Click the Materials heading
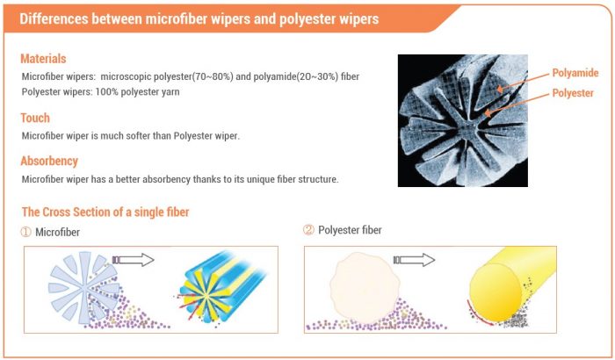[x=44, y=59]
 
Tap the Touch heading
[x=35, y=118]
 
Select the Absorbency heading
[x=49, y=161]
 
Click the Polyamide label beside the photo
[x=575, y=73]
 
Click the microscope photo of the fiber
[x=463, y=120]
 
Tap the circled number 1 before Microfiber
[x=26, y=232]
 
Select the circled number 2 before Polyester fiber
[x=308, y=231]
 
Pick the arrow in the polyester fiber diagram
[x=414, y=260]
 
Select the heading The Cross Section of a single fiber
[x=105, y=212]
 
